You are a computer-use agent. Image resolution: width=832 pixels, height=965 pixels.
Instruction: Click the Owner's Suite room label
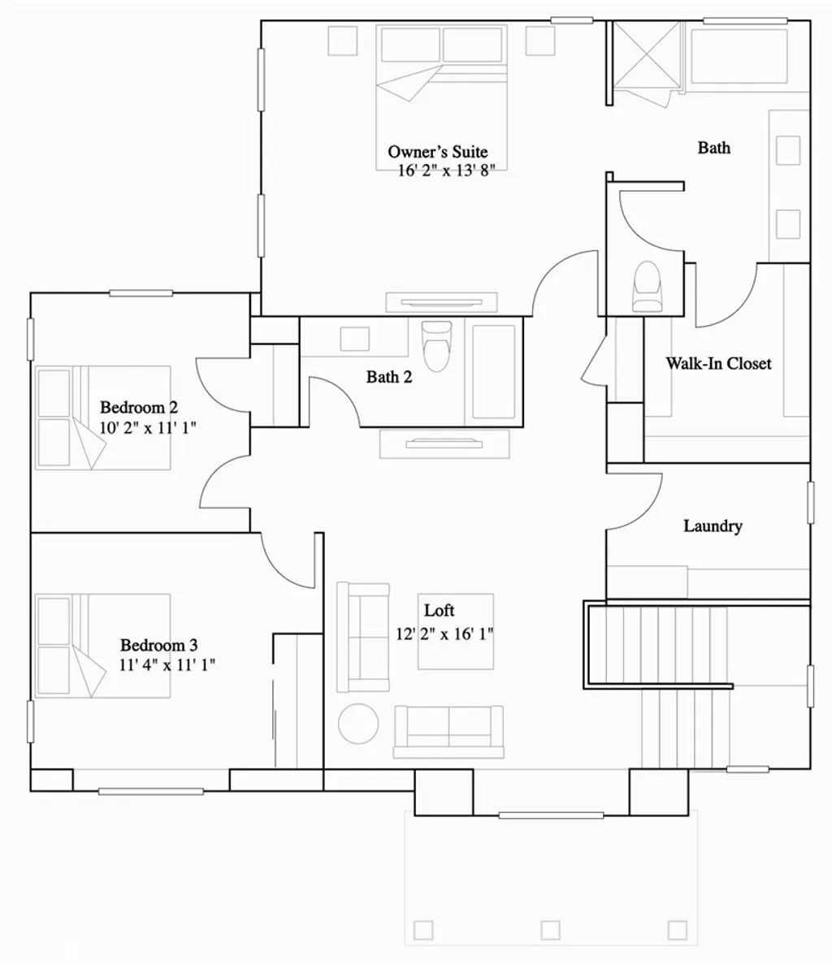point(437,152)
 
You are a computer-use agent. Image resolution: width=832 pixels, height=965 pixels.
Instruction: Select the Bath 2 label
point(389,377)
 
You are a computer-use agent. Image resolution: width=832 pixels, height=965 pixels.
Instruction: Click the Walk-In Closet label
point(718,364)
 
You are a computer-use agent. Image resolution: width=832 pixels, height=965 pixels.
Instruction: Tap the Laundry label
point(713,526)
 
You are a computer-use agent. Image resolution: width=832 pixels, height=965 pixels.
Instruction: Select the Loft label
point(439,611)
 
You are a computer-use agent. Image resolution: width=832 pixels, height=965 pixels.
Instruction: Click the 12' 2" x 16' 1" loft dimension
point(444,634)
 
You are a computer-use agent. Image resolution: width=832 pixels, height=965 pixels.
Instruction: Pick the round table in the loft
point(358,723)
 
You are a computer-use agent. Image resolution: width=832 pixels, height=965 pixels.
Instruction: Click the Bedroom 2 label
point(139,408)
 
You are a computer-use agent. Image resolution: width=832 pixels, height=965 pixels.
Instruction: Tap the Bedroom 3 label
point(158,646)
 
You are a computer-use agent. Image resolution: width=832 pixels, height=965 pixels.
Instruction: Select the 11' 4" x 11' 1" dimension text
point(167,665)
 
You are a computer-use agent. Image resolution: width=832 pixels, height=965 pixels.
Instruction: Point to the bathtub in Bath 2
point(494,371)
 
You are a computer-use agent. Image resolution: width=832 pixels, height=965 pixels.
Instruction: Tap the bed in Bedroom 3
point(102,646)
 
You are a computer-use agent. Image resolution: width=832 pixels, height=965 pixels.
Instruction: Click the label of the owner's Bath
point(713,148)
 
